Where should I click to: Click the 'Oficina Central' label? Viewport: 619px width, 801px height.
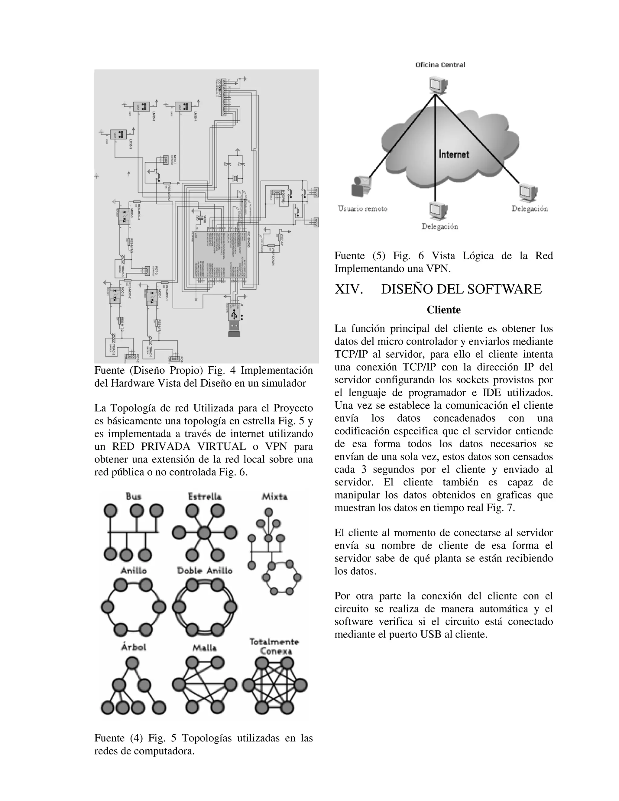pyautogui.click(x=440, y=65)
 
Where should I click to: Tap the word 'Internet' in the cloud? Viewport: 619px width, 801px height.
pyautogui.click(x=454, y=154)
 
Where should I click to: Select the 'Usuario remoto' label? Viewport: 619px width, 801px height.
pyautogui.click(x=362, y=209)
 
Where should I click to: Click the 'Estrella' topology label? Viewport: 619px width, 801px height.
pyautogui.click(x=205, y=497)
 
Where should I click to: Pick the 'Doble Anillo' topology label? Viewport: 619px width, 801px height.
pyautogui.click(x=205, y=571)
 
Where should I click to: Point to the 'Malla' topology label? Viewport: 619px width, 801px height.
pyautogui.click(x=205, y=648)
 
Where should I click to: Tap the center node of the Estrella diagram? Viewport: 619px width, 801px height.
pyautogui.click(x=205, y=533)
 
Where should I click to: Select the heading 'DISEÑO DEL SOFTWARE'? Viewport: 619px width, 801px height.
pyautogui.click(x=461, y=289)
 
